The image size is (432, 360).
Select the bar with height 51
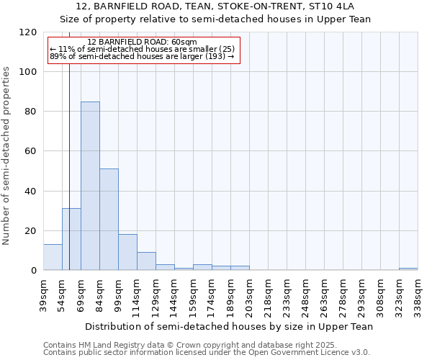(109, 220)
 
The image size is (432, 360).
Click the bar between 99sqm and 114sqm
(127, 252)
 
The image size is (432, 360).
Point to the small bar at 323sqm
(408, 269)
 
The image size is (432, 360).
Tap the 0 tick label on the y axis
(33, 271)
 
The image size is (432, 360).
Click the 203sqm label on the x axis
(250, 293)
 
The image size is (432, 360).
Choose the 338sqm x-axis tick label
(418, 293)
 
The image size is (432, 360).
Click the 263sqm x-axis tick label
(325, 293)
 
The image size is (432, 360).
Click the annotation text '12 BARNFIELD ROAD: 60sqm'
(142, 42)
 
